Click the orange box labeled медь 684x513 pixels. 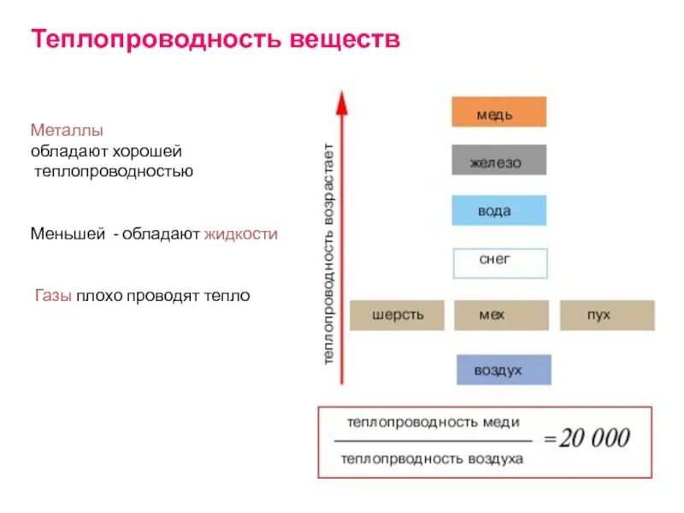tap(498, 112)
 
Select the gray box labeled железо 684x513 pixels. tap(498, 161)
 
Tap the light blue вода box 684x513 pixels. tap(498, 210)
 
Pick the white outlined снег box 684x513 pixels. tap(499, 263)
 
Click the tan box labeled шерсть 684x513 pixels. tap(398, 315)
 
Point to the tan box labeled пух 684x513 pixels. tap(607, 315)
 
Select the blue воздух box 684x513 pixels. tap(503, 369)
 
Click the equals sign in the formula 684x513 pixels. tap(548, 440)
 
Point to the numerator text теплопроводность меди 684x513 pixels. tap(433, 422)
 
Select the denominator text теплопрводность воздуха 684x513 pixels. tap(432, 458)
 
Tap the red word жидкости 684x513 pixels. tap(240, 233)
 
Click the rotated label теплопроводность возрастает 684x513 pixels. tap(329, 256)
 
